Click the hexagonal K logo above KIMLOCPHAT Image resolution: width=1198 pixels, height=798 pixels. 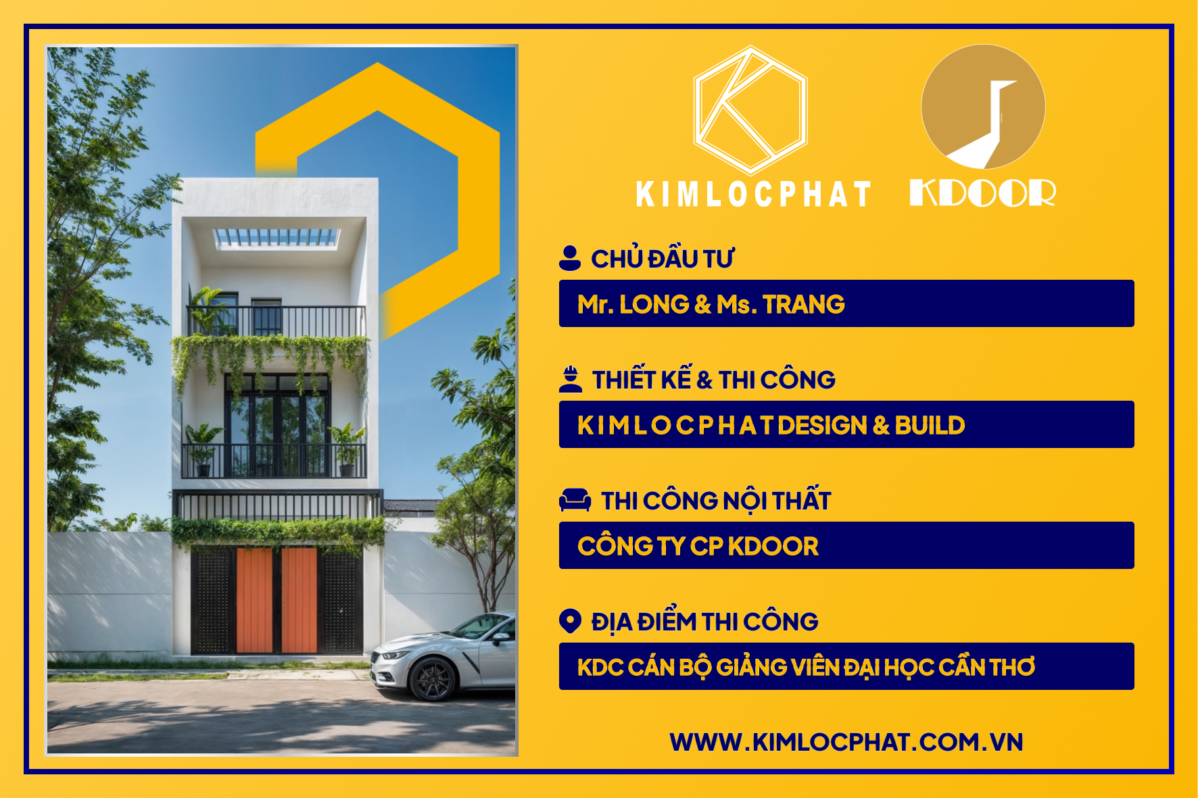coord(750,110)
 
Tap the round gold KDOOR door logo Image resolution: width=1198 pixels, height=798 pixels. coord(983,107)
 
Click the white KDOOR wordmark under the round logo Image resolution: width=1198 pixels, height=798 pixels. coord(982,193)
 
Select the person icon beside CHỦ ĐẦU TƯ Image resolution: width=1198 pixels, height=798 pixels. coord(570,258)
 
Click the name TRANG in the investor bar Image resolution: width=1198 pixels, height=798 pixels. coord(804,305)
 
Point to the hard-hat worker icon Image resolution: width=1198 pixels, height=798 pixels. coord(571,379)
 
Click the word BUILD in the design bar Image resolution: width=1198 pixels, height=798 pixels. coord(930,426)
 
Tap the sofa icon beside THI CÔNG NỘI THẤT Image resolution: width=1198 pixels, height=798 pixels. coord(575,500)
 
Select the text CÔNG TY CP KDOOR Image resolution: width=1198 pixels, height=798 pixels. coord(698,546)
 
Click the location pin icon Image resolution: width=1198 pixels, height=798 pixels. coord(570,621)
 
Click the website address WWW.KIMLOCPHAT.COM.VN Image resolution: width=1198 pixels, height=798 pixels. coord(846,742)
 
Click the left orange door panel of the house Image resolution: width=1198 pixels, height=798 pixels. coord(254,600)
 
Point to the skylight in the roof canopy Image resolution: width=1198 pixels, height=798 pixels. coord(277,237)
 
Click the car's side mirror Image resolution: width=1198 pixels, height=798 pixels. coord(501,637)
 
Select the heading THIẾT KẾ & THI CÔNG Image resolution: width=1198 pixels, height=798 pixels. coord(713,379)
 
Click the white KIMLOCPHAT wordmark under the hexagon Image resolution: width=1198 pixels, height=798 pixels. coord(754,194)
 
